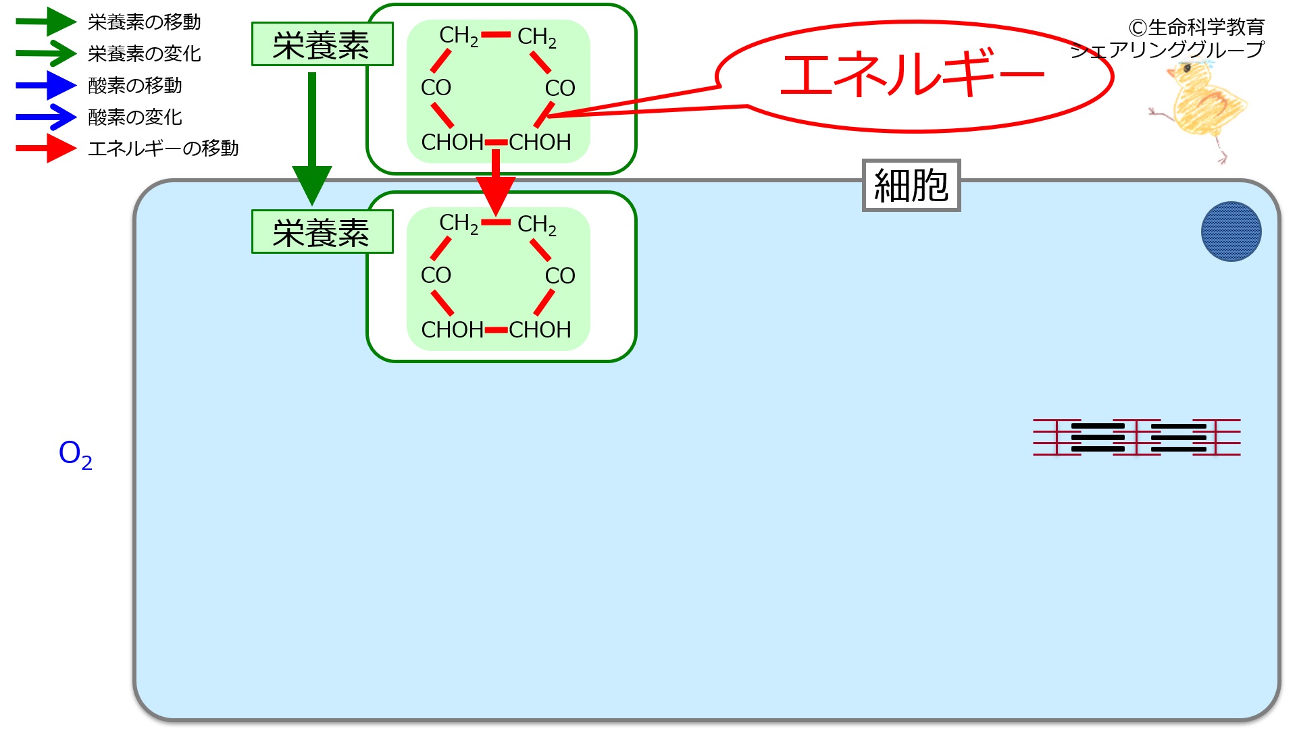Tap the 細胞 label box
(911, 186)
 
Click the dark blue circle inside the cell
(1231, 232)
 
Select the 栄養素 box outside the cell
(322, 45)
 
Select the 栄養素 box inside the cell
(322, 232)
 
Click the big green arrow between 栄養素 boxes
(312, 135)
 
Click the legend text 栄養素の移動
(145, 22)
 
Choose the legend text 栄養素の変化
(145, 54)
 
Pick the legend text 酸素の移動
(135, 86)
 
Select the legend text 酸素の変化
(135, 117)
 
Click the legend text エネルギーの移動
(163, 148)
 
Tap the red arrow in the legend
(46, 148)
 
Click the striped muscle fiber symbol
(1136, 437)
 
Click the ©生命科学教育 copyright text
(1196, 28)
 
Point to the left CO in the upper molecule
(436, 88)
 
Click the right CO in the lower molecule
(560, 275)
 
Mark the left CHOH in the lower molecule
(452, 330)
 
